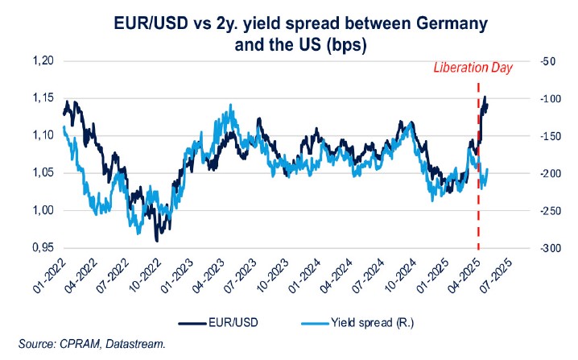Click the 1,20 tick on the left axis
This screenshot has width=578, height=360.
click(x=39, y=61)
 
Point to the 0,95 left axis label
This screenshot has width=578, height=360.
click(x=39, y=248)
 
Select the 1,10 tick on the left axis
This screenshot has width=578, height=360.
click(x=39, y=135)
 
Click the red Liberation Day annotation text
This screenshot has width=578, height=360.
click(x=473, y=68)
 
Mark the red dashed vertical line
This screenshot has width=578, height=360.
click(x=479, y=201)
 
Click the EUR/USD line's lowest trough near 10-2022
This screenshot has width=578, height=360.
click(x=156, y=240)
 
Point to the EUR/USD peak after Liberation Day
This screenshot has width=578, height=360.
click(x=485, y=97)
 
